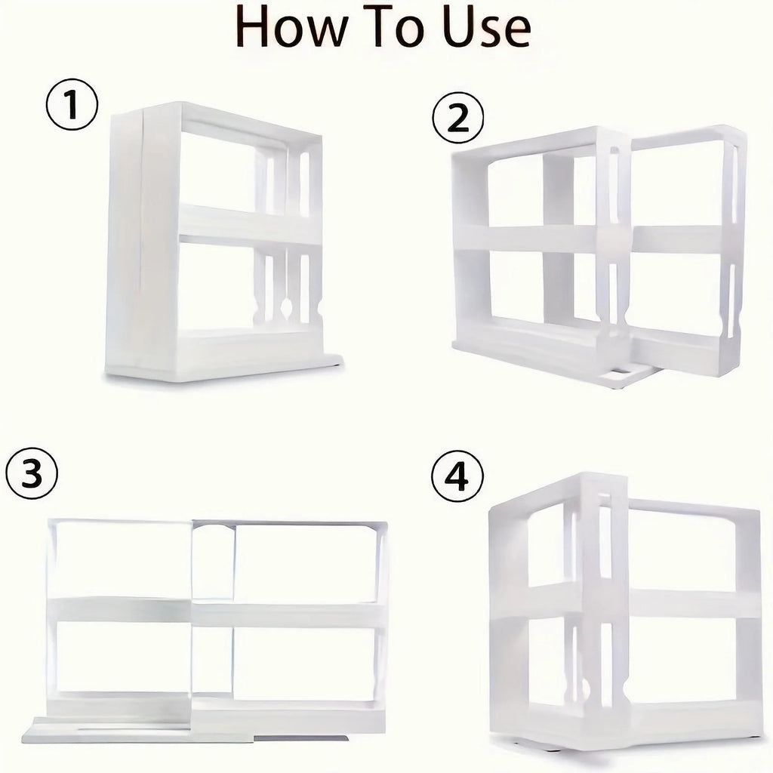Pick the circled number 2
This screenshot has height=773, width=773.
pyautogui.click(x=457, y=119)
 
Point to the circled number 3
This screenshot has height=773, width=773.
pyautogui.click(x=32, y=475)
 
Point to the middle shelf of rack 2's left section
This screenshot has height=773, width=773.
pyautogui.click(x=528, y=239)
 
